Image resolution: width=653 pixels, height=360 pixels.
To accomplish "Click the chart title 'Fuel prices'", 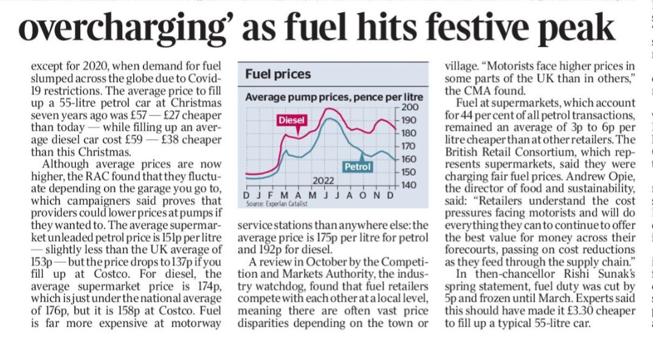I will [x=277, y=75].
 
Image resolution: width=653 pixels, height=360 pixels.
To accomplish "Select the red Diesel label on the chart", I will [x=291, y=120].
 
